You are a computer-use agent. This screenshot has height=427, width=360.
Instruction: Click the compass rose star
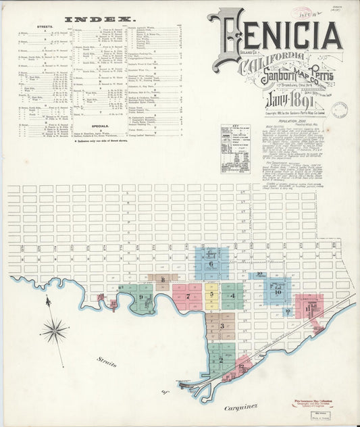pyautogui.click(x=54, y=331)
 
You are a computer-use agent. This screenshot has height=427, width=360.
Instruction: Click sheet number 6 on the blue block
pyautogui.click(x=211, y=263)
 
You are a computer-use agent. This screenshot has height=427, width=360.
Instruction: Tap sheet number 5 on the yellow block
pyautogui.click(x=211, y=295)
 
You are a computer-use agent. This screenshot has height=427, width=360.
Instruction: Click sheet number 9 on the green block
pyautogui.click(x=141, y=297)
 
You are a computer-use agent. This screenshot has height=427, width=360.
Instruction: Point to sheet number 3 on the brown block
pyautogui.click(x=222, y=326)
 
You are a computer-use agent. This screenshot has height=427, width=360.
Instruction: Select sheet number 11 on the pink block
pyautogui.click(x=308, y=310)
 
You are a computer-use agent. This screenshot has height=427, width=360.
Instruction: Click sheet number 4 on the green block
pyautogui.click(x=232, y=295)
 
